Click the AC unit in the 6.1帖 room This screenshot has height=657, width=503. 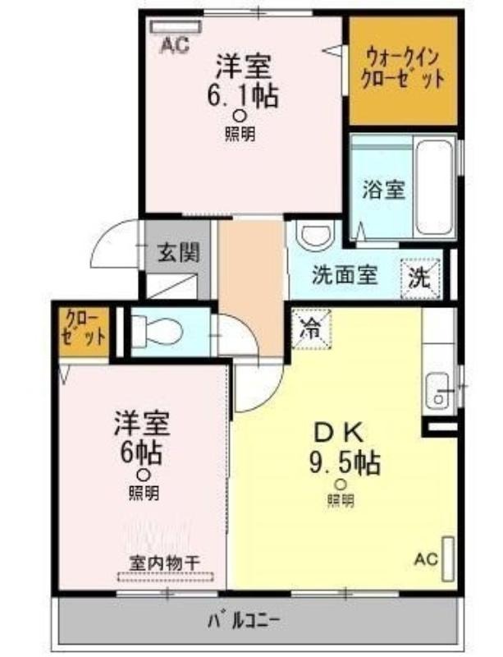point(176,27)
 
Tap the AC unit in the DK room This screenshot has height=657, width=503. point(448,558)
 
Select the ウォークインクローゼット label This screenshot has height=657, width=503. point(403,69)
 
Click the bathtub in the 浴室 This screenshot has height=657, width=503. point(435,188)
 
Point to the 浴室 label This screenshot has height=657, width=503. point(384,190)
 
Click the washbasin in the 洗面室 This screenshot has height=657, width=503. point(315,235)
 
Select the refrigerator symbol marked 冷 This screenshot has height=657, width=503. point(311,329)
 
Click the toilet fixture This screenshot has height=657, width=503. point(157,333)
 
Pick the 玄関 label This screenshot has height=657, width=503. point(178,253)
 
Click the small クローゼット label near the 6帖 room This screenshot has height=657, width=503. point(84,329)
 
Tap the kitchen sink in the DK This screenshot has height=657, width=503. point(437,391)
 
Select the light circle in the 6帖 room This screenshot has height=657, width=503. point(144,475)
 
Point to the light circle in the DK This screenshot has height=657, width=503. point(341,485)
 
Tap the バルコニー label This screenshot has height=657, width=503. point(244,621)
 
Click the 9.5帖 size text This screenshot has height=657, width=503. point(345,462)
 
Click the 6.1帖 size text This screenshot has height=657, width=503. point(243,96)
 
